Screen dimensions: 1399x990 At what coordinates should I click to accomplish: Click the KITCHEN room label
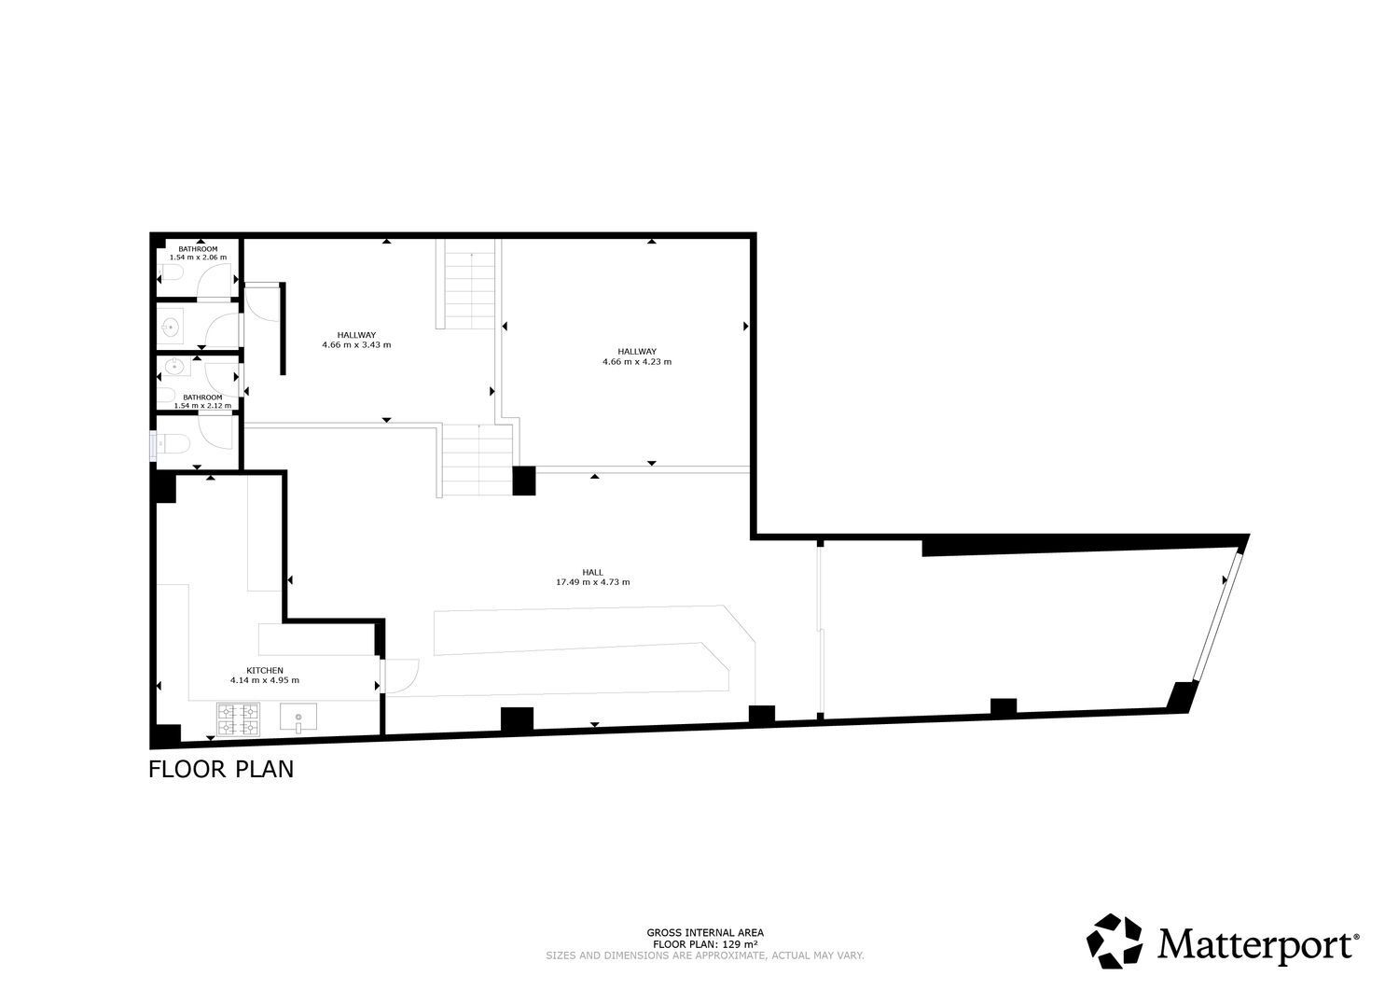[265, 671]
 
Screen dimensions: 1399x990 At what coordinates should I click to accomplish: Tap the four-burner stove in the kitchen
[238, 718]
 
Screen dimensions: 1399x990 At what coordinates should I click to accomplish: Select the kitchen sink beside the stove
[298, 718]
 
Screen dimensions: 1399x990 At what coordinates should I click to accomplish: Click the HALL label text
[592, 572]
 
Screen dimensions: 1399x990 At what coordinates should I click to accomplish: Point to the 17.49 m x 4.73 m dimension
[592, 582]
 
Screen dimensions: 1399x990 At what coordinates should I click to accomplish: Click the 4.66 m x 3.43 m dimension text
[356, 344]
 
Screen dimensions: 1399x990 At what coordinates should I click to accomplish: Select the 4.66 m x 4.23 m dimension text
[637, 361]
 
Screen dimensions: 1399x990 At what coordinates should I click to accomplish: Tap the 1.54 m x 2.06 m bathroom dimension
[198, 257]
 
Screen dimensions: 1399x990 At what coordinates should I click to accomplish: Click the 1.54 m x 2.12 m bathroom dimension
[202, 405]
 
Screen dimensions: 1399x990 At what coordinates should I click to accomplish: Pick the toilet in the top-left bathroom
[170, 273]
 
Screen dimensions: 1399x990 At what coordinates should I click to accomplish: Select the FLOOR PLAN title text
[221, 770]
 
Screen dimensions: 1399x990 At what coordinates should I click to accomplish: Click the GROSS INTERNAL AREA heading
[705, 933]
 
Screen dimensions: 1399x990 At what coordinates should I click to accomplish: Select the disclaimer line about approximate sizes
[705, 955]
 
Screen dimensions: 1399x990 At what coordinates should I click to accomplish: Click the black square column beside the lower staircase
[524, 481]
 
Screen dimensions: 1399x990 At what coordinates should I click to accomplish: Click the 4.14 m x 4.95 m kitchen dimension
[265, 680]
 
